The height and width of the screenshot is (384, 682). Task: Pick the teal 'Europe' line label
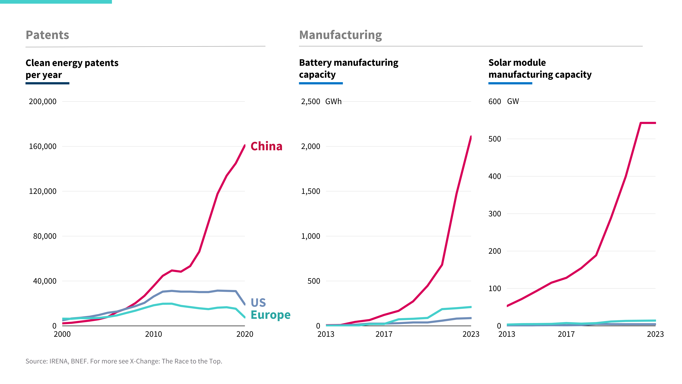coord(270,315)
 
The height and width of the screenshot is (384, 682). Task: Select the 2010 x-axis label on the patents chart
coord(153,334)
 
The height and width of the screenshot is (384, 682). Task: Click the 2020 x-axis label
coord(245,334)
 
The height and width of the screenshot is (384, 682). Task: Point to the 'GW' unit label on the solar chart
coord(513,101)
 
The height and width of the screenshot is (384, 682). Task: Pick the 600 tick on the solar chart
coord(495,101)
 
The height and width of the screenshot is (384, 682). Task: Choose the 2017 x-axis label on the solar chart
coord(566,334)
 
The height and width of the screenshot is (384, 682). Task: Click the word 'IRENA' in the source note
coord(58,361)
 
